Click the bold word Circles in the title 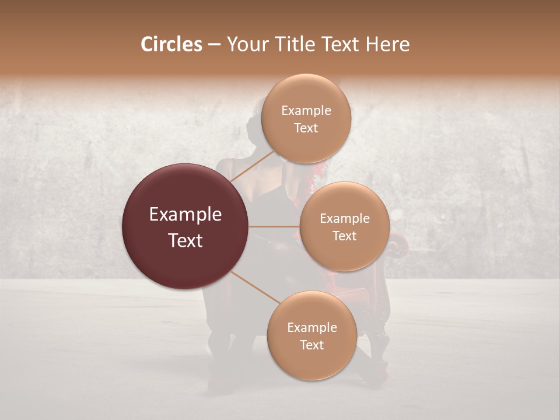(x=171, y=44)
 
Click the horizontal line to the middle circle (x=274, y=226)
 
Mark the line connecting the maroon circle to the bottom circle (x=255, y=287)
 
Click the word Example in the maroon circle (x=185, y=215)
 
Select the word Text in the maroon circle (x=185, y=240)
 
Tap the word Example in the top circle (x=306, y=111)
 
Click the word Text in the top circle (x=306, y=128)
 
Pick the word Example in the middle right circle (x=344, y=219)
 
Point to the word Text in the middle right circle (x=344, y=236)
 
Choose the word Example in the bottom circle (x=311, y=328)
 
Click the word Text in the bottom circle (x=311, y=345)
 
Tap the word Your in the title (x=247, y=44)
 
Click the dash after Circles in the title (x=213, y=45)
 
